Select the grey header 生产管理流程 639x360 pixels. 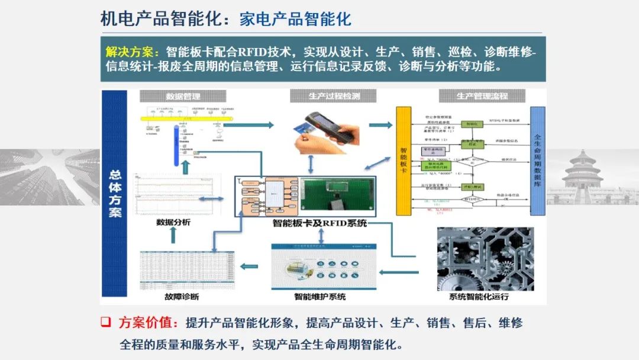point(482,97)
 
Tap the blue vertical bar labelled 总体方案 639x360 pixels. point(115,194)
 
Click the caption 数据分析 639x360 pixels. point(173,223)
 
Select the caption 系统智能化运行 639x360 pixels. point(479,297)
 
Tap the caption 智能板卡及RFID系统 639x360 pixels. point(320,224)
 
